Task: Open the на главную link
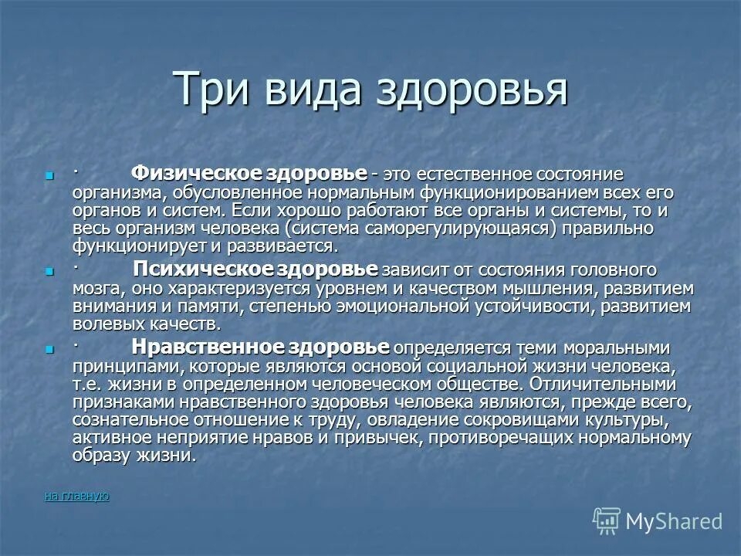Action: coord(76,496)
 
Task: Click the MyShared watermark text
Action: coord(674,521)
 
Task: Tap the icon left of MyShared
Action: coord(607,521)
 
